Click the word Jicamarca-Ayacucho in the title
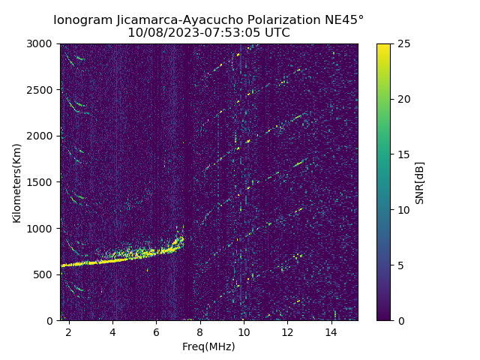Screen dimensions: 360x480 (x=169, y=19)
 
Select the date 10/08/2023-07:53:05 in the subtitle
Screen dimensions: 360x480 (x=193, y=33)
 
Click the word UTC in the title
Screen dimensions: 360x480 (x=276, y=33)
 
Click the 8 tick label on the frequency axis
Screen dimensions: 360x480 (x=199, y=331)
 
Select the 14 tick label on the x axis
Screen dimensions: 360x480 (x=330, y=331)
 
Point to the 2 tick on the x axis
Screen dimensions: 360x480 (x=69, y=331)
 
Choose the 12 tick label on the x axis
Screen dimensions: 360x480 (x=286, y=331)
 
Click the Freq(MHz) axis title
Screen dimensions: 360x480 (x=208, y=346)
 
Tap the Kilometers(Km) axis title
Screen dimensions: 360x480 (x=17, y=182)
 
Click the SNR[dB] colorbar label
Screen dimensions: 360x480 (x=419, y=182)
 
